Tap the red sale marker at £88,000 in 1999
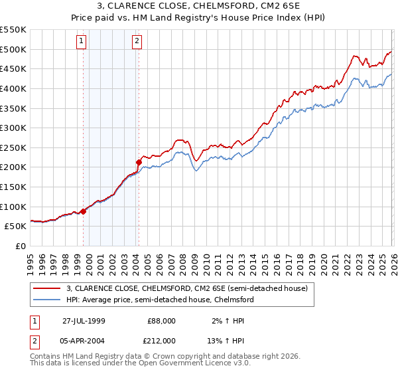pyautogui.click(x=84, y=211)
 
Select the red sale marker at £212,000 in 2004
pyautogui.click(x=139, y=161)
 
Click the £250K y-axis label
pyautogui.click(x=13, y=147)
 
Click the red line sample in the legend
pyautogui.click(x=47, y=289)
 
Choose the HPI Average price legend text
pyautogui.click(x=160, y=300)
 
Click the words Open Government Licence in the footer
pyautogui.click(x=172, y=365)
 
